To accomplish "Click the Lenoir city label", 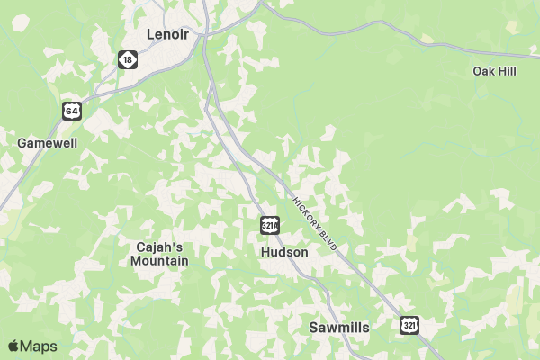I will [x=170, y=34].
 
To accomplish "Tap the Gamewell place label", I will [x=48, y=143].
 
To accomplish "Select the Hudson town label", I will [x=283, y=253].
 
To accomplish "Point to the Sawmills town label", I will [x=338, y=328].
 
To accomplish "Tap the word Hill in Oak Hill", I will [x=507, y=71].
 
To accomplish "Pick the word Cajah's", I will [x=159, y=247].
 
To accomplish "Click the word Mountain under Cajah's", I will [x=159, y=261].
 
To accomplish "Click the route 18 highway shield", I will [x=128, y=59].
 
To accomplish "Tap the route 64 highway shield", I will [x=72, y=111].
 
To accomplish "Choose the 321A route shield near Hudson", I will [x=269, y=225].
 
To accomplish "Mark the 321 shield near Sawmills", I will [x=409, y=325].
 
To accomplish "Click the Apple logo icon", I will [x=13, y=346].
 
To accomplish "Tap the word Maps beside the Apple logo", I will [x=39, y=346].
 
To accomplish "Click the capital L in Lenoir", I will [x=151, y=34].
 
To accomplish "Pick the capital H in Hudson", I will [x=265, y=253].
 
